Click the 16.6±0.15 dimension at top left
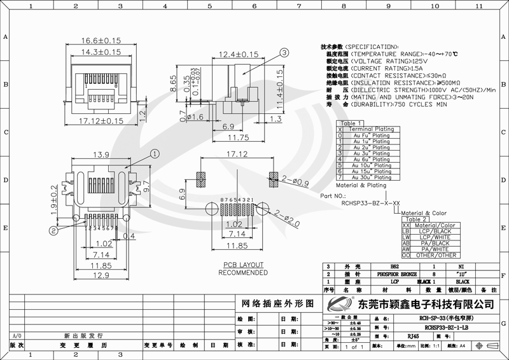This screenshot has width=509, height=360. coord(101,41)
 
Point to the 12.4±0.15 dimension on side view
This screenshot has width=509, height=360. coord(239,55)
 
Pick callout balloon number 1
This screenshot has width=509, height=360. coord(153,153)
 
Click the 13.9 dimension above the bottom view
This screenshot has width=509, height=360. coord(101,156)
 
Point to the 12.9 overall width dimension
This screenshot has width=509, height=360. coord(101,275)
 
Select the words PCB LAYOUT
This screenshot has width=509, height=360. coord(243,265)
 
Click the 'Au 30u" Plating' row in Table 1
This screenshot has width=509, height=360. coord(372,177)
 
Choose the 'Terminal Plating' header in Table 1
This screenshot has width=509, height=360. coord(372,129)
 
